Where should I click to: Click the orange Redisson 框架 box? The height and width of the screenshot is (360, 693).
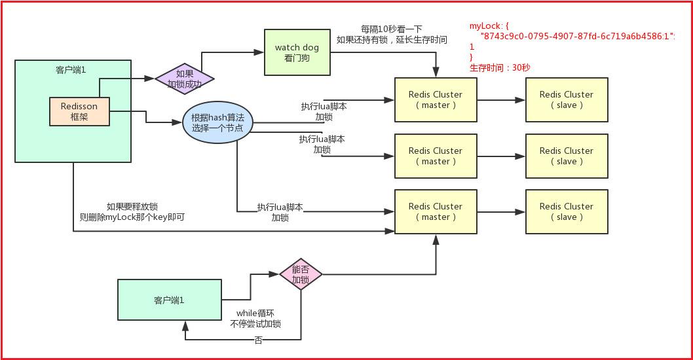coord(79,111)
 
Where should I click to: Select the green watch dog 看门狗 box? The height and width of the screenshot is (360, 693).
coord(297,52)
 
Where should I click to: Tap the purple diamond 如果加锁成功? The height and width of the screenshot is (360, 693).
coord(185,79)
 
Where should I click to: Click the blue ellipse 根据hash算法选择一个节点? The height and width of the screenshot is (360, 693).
coord(217,122)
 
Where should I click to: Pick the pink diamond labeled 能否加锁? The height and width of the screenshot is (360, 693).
coord(301,275)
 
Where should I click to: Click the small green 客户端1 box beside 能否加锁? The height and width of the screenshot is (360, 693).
coord(169,300)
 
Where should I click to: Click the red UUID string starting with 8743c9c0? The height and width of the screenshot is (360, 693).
coord(577,37)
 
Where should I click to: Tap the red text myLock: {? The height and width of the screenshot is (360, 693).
coord(489,26)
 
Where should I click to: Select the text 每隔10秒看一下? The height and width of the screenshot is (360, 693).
coord(392,29)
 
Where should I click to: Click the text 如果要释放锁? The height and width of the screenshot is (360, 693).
coord(132,206)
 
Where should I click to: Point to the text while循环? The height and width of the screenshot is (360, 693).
coord(255,313)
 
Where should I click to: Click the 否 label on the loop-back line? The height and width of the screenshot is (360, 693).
coord(258,340)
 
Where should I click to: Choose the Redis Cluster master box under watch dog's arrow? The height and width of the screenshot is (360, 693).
coord(436,99)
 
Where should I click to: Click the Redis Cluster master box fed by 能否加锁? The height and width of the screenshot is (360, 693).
coord(436,211)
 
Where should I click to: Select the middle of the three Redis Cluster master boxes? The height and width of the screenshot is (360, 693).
coord(436,156)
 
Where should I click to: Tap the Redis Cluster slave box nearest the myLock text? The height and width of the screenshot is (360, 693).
coord(567,99)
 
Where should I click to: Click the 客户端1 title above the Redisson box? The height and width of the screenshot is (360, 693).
coord(73,69)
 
